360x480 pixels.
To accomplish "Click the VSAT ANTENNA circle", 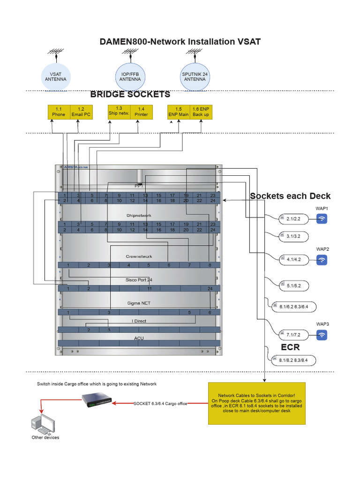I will pos(56,76).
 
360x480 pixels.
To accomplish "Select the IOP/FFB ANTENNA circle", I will pos(130,76).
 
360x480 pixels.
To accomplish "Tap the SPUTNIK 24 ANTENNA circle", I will pos(194,76).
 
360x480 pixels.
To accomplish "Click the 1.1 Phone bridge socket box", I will pos(59,112).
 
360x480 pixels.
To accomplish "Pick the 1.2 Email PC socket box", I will pos(81,112).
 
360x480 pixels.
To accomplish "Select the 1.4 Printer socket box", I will pos(141,112).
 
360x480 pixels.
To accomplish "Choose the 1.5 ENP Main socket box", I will pos(179,112).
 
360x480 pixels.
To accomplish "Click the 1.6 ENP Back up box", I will pos(201,112).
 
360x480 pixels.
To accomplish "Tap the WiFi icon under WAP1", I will pos(322,218).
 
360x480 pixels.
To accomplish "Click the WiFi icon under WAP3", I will pos(322,335).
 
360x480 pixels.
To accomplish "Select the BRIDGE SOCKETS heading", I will pos(130,95).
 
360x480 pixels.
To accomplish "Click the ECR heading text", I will pos(290,347).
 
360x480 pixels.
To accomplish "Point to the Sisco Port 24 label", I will pos(139,280).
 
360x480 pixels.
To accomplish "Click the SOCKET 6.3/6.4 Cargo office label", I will pos(160,403).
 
